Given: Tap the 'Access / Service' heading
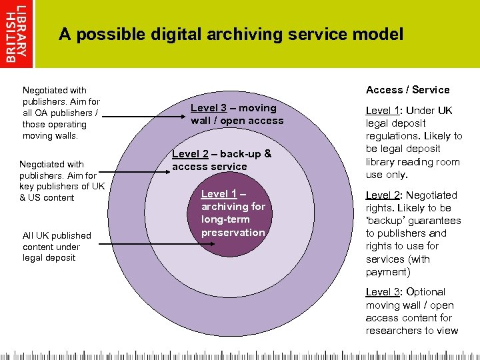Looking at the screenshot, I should coord(407,90).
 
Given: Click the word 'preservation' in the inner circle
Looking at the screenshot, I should coord(233,232).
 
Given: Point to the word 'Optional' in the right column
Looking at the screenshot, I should coord(425,292).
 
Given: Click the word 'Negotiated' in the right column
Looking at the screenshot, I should coord(431,195).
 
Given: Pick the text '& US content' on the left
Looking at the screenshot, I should coord(46,197).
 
